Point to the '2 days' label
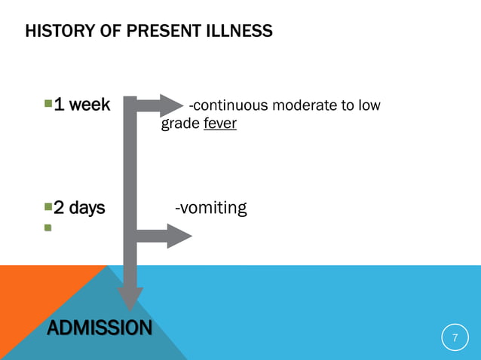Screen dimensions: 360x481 pos(79,208)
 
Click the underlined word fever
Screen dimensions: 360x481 pos(220,123)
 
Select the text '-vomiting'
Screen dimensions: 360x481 pos(210,208)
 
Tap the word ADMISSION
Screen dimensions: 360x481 pos(98,328)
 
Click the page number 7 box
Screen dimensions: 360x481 pos(454,338)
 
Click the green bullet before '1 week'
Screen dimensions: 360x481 pos(48,103)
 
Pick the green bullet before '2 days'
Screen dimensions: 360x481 pos(48,206)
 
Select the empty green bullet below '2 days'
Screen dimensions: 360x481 pos(48,227)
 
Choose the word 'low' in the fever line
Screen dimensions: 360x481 pos(369,105)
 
